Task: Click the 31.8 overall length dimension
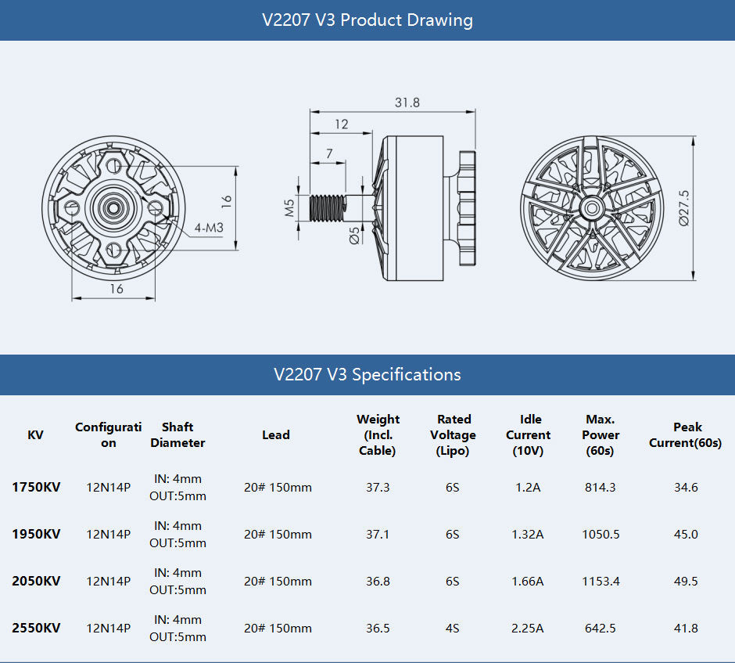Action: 407,103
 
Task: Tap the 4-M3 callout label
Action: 210,228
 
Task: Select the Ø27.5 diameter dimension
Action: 684,208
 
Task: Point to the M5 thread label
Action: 289,207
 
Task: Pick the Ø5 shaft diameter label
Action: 354,235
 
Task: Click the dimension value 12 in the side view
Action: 342,124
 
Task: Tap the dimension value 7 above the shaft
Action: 328,153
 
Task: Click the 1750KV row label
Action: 36,487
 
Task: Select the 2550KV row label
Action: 36,628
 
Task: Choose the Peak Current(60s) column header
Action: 687,435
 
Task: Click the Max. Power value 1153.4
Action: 601,581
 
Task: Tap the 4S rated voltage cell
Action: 453,628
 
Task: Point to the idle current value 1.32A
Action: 528,534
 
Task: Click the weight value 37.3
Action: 378,487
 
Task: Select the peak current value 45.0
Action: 686,534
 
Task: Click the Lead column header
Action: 276,435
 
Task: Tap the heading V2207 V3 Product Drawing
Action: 367,20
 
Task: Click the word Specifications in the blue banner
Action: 406,374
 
